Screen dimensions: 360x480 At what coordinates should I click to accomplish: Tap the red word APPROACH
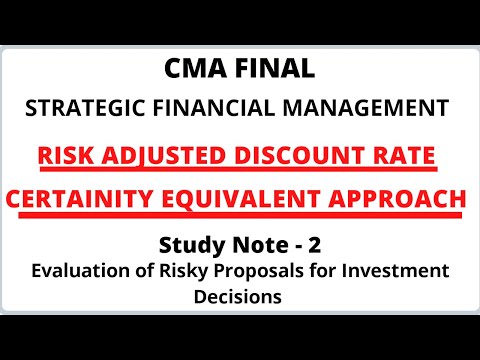point(402,200)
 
